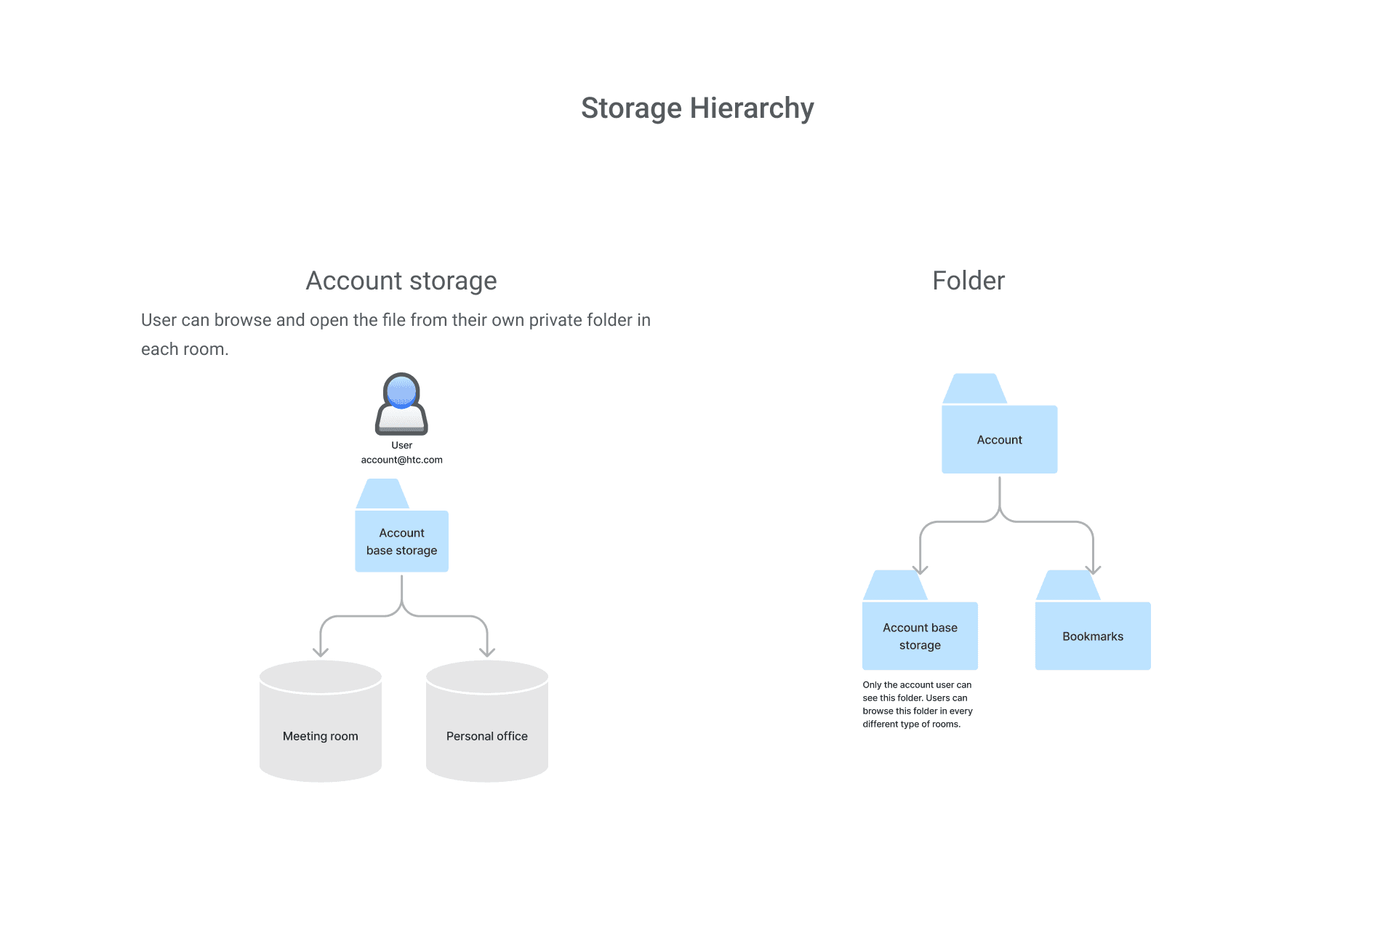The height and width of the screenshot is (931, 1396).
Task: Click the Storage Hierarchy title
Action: tap(697, 108)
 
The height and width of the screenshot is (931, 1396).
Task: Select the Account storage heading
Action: tap(401, 281)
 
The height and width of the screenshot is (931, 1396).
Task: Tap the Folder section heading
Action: tap(968, 281)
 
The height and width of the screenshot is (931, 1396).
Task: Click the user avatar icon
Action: tap(401, 404)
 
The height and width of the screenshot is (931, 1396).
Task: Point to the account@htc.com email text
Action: tap(401, 460)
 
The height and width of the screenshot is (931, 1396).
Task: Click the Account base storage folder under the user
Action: tap(401, 541)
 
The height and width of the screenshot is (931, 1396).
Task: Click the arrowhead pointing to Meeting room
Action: tap(320, 651)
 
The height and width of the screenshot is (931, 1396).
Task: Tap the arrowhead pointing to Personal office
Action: tap(487, 651)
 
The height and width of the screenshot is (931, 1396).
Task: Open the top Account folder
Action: tap(999, 439)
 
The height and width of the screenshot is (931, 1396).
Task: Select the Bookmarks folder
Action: tap(1092, 636)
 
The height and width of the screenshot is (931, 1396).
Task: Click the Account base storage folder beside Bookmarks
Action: tap(920, 636)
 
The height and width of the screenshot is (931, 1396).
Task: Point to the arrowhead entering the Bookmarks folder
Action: tap(1093, 569)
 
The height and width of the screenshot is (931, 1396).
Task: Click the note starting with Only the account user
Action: tap(917, 704)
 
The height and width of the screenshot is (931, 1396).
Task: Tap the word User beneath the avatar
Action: tap(401, 445)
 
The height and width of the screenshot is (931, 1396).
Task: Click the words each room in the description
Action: tap(184, 349)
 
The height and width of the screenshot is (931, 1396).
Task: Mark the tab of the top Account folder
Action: tap(974, 389)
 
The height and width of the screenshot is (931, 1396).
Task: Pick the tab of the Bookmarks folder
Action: tap(1067, 586)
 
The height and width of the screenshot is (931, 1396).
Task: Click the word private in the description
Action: tap(555, 320)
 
